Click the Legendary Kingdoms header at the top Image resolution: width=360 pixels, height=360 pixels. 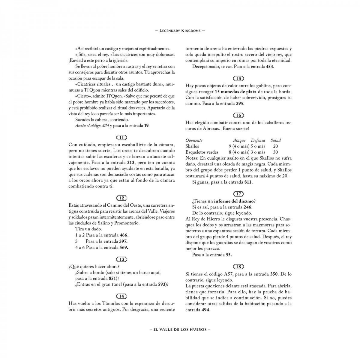pyautogui.click(x=180, y=31)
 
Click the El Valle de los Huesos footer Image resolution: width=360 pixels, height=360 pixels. pyautogui.click(x=180, y=329)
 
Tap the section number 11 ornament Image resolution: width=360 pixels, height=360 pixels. pyautogui.click(x=121, y=138)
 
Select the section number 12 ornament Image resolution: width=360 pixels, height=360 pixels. pyautogui.click(x=121, y=198)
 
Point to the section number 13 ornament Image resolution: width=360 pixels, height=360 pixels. pyautogui.click(x=121, y=259)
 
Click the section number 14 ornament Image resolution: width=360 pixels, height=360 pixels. pyautogui.click(x=121, y=296)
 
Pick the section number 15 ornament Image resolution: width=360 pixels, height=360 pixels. pyautogui.click(x=238, y=79)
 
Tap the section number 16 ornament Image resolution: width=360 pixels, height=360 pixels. pyautogui.click(x=238, y=115)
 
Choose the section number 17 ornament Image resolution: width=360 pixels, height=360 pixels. pyautogui.click(x=238, y=194)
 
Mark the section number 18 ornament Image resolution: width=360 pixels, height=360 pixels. pyautogui.click(x=238, y=267)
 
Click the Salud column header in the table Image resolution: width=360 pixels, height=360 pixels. pyautogui.click(x=275, y=140)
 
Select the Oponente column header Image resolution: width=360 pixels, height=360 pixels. pyautogui.click(x=194, y=140)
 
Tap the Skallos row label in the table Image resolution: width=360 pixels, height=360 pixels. pyautogui.click(x=192, y=146)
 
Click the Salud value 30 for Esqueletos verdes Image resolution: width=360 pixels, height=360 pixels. pyautogui.click(x=275, y=152)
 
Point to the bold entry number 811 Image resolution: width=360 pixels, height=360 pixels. pyautogui.click(x=248, y=182)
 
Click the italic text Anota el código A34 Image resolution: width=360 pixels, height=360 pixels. pyautogui.click(x=92, y=126)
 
